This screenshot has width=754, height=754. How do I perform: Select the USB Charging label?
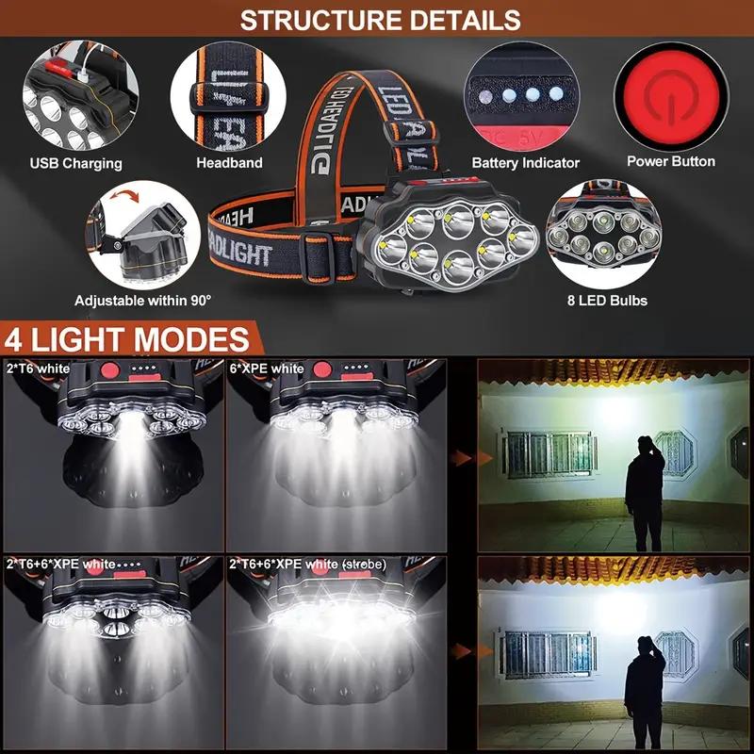pyautogui.click(x=75, y=163)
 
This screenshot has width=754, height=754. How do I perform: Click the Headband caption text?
pyautogui.click(x=229, y=163)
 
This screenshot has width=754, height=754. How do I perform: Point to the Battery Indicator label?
pyautogui.click(x=525, y=163)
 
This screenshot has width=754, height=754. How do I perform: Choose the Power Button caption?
pyautogui.click(x=671, y=161)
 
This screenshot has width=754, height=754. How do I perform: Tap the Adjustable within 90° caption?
pyautogui.click(x=143, y=301)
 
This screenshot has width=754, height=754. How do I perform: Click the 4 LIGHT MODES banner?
pyautogui.click(x=126, y=337)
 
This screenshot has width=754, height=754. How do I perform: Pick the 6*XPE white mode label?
pyautogui.click(x=267, y=368)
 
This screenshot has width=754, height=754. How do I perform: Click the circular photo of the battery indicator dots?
pyautogui.click(x=525, y=97)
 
